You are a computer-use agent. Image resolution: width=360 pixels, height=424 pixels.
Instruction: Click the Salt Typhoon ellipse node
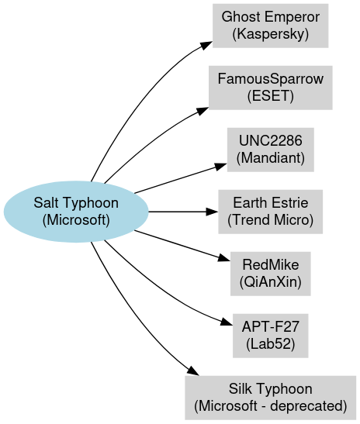click(76, 212)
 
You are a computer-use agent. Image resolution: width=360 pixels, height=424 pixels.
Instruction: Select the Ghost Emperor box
click(271, 26)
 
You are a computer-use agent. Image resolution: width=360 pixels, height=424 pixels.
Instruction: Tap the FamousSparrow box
click(271, 88)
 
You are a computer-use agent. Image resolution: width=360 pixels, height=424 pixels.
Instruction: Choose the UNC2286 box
click(271, 150)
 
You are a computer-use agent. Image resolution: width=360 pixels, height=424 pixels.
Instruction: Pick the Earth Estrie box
click(271, 212)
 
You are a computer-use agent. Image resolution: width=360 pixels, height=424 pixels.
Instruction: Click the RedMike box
click(271, 274)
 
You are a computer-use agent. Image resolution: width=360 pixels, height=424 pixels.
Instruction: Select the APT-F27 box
click(271, 336)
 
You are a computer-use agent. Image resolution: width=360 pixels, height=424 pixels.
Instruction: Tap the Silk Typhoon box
click(271, 398)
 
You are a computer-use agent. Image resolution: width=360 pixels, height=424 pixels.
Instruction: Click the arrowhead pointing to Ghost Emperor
click(206, 45)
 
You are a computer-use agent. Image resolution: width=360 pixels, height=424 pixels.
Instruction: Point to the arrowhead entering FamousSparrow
click(202, 111)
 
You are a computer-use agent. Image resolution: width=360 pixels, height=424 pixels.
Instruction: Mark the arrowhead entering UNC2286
click(220, 167)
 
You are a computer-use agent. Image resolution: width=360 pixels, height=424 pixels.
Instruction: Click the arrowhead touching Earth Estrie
click(212, 212)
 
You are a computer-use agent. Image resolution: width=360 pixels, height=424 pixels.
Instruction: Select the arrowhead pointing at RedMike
click(224, 258)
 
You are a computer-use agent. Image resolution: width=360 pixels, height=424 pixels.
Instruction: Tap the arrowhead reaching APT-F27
click(227, 322)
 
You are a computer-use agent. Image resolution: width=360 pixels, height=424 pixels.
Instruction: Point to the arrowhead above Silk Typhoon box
click(193, 371)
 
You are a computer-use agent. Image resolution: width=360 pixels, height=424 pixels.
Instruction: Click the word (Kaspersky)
click(271, 34)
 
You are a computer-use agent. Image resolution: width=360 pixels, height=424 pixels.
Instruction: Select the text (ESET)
click(271, 96)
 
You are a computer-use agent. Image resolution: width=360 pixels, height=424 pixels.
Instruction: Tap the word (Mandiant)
click(271, 158)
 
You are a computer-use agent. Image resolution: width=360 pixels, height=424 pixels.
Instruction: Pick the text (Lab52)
click(271, 344)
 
